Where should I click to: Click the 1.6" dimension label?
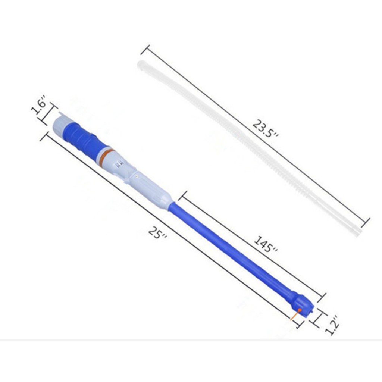click(39, 105)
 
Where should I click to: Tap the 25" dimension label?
click(157, 233)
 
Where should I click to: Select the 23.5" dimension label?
click(265, 128)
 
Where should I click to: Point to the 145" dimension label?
click(266, 244)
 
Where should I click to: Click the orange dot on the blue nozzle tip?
click(300, 310)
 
